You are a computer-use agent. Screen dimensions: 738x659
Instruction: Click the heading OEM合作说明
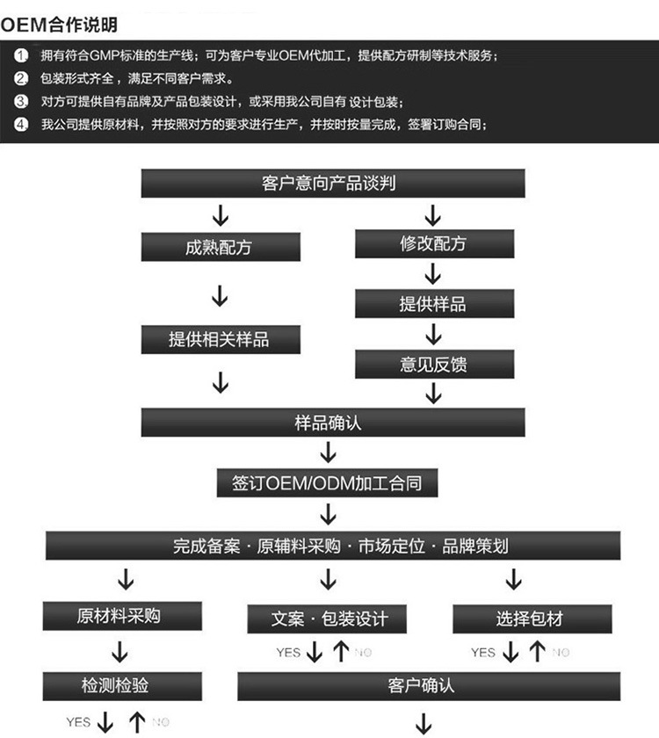click(x=60, y=25)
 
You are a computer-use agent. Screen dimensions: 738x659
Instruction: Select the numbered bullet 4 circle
click(x=21, y=124)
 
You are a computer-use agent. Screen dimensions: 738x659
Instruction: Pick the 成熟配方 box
click(x=220, y=247)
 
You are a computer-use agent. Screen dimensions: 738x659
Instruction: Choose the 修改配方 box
click(x=433, y=243)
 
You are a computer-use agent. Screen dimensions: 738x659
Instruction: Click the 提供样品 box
click(x=433, y=304)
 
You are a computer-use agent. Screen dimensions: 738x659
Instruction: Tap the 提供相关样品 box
click(x=220, y=339)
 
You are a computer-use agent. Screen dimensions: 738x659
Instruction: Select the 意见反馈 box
click(x=433, y=364)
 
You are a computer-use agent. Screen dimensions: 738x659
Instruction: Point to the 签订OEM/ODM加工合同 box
click(x=328, y=482)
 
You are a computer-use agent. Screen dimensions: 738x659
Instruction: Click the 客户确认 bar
click(x=429, y=685)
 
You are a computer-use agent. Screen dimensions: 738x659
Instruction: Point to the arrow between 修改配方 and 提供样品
click(x=433, y=274)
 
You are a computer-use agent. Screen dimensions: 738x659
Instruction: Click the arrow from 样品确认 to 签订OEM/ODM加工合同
click(x=328, y=452)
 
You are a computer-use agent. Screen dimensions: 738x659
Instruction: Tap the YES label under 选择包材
click(x=483, y=653)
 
